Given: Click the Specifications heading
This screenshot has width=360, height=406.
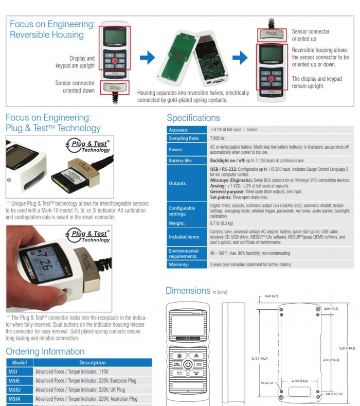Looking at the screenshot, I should point(193,118).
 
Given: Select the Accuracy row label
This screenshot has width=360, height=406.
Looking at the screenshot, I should point(178,130).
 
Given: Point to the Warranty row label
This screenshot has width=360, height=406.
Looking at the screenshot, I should point(179,264).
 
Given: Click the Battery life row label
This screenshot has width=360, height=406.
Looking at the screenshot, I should point(181,161).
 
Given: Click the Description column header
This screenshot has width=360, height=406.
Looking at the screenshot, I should point(93,362).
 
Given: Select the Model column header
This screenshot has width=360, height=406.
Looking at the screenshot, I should point(19,362).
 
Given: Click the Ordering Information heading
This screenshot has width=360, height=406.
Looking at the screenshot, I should point(45,351).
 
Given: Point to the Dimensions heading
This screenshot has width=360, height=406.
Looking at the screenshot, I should point(188,291).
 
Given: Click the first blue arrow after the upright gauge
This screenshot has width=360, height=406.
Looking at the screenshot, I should point(147,57).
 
